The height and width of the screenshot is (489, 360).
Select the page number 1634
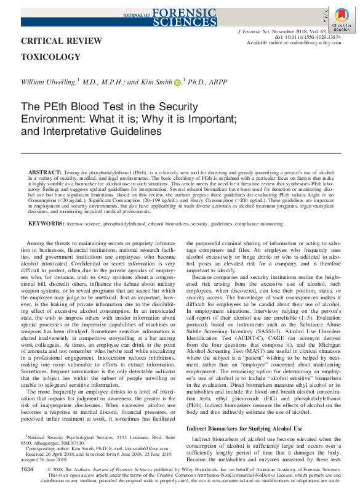coord(26,469)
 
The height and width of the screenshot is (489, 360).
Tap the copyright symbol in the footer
coord(50,470)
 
